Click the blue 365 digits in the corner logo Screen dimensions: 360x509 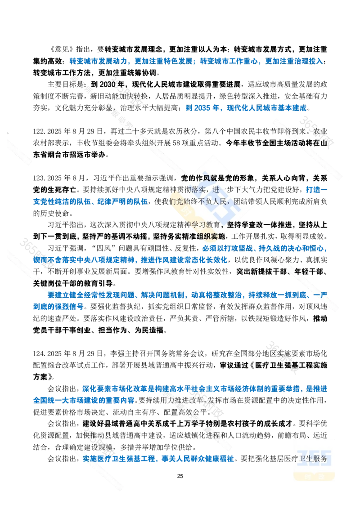315,457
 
